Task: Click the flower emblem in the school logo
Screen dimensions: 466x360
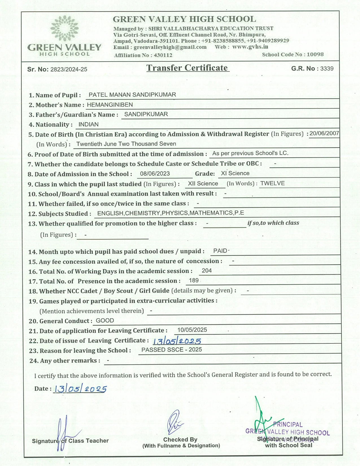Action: point(64,28)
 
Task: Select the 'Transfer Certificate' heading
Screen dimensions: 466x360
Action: point(187,68)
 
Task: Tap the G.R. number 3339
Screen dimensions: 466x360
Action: point(327,69)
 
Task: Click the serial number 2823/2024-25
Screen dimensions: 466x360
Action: point(69,69)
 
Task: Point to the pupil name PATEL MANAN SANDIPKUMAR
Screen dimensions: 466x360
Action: point(132,95)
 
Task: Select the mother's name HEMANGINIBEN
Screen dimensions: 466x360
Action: point(110,105)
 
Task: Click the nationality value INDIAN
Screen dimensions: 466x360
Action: point(88,125)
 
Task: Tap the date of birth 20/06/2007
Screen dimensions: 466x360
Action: point(324,134)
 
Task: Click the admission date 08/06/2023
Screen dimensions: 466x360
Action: point(155,174)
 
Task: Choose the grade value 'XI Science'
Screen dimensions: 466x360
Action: point(235,173)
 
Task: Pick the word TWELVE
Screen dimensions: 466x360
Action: point(272,184)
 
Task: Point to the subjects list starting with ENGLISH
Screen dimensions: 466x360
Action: point(171,213)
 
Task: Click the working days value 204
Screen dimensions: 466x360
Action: point(207,271)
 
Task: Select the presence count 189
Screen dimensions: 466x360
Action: point(194,280)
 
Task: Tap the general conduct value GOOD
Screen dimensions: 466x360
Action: point(105,321)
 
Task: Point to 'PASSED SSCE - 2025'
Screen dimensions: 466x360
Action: point(172,350)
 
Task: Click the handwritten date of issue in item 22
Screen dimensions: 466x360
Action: point(177,341)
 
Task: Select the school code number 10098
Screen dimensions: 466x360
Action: point(315,55)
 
